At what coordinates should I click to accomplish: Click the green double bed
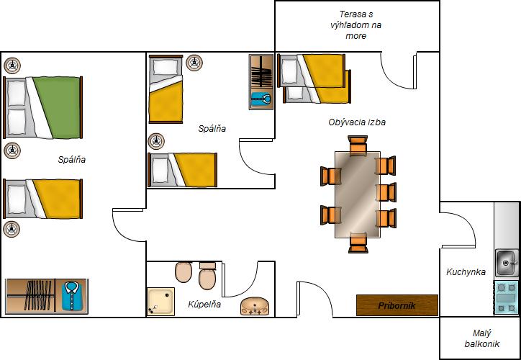[43, 107]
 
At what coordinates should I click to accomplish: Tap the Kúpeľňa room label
[204, 304]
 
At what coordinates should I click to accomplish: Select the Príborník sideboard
[397, 305]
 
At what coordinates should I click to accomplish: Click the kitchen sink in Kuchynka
[506, 263]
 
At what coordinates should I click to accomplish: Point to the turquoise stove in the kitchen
[506, 297]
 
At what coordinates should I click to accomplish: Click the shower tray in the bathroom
[160, 302]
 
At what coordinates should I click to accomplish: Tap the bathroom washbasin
[255, 306]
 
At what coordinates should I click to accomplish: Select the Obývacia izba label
[357, 122]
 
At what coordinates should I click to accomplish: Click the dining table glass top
[358, 194]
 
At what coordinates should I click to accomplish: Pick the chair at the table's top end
[358, 145]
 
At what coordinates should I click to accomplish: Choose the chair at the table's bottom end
[358, 243]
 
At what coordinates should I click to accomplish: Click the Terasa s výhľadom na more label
[356, 25]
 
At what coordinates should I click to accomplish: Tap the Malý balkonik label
[482, 338]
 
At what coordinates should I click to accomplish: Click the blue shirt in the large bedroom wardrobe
[71, 296]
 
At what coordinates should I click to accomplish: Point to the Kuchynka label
[466, 272]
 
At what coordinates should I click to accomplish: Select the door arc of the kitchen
[467, 223]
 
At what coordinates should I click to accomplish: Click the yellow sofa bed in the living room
[314, 78]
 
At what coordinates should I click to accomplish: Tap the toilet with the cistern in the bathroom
[207, 276]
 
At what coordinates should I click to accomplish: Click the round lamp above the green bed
[12, 66]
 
